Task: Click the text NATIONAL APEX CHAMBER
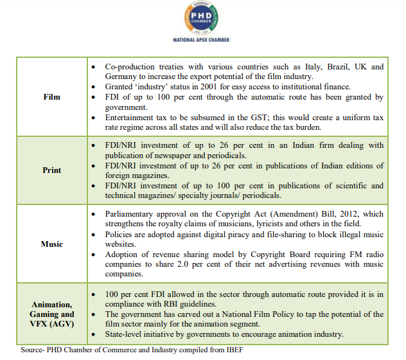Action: [x=201, y=40]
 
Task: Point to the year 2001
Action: [x=204, y=87]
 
